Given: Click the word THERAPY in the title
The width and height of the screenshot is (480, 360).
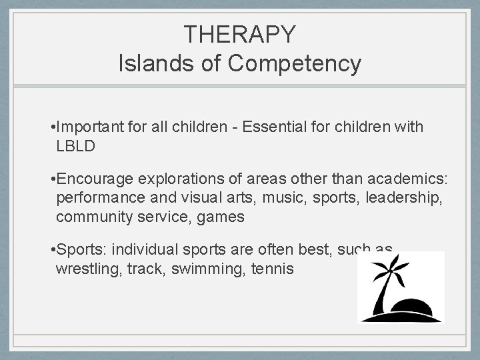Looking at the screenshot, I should (239, 34).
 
